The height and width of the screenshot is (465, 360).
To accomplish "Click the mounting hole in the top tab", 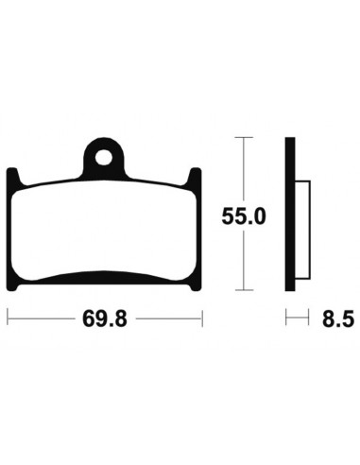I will (x=104, y=149).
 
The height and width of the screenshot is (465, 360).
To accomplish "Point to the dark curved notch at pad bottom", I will (x=104, y=277).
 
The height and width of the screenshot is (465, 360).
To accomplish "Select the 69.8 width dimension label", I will (x=105, y=320).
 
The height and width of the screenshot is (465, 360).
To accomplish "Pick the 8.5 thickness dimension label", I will (x=334, y=320).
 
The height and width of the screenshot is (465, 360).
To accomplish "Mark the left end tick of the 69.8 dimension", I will (x=9, y=320).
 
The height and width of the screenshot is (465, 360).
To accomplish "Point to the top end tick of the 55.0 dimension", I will (x=245, y=138).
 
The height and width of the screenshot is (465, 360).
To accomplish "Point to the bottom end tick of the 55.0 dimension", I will (x=245, y=289).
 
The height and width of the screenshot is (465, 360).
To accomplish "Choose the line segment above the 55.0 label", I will (x=245, y=170).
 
